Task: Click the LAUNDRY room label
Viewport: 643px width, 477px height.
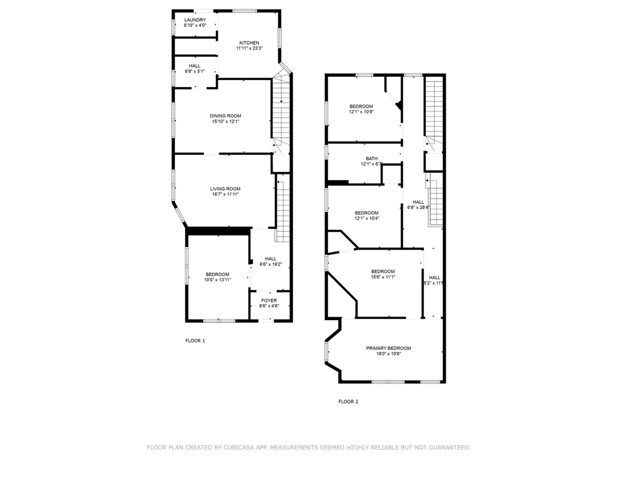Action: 195,20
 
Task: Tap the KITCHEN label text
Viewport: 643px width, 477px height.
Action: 249,43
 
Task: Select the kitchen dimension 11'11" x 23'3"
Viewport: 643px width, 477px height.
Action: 249,48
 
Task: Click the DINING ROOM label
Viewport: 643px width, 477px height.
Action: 225,116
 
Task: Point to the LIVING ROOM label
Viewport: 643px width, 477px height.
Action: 225,189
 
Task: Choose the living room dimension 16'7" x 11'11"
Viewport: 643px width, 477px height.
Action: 225,195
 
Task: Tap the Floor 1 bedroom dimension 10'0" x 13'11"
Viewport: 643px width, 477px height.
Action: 217,280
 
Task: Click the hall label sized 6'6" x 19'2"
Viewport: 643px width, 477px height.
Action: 271,264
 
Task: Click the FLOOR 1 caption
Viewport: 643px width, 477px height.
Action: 195,341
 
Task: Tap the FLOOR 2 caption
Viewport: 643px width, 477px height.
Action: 348,402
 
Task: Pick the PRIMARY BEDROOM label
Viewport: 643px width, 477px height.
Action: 388,348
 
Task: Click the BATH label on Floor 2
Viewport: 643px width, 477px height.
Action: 372,159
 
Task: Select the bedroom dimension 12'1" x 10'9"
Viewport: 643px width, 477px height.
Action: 361,112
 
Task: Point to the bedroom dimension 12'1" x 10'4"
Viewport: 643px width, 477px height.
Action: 367,218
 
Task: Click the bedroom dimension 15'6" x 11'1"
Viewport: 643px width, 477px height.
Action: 383,277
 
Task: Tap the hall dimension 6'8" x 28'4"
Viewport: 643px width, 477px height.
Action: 418,207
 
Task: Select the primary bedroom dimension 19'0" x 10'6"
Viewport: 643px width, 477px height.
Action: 388,354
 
